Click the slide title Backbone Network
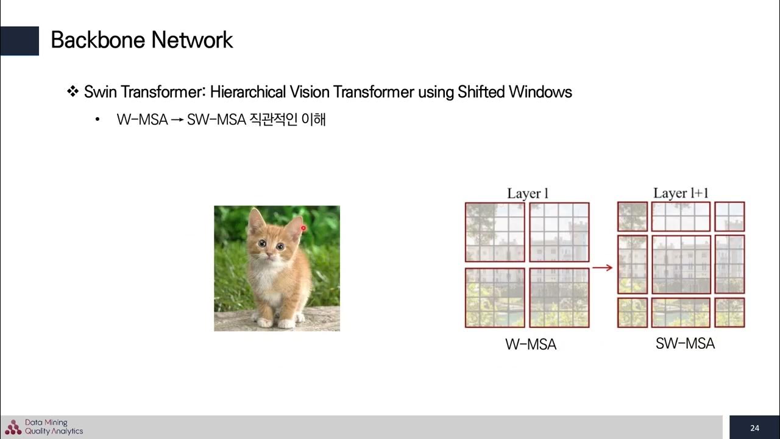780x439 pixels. point(141,40)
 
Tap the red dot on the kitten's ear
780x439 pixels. point(303,228)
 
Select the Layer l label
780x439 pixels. point(528,194)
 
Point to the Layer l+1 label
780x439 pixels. point(681,193)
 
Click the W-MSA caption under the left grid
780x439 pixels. point(531,344)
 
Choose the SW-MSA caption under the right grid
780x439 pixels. point(685,344)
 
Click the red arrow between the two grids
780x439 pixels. point(603,267)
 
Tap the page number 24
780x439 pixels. point(755,427)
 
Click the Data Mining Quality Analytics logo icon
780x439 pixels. point(13,427)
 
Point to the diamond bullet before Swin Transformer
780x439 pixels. point(73,92)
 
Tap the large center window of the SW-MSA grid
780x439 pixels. point(681,265)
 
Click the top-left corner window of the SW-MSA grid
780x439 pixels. point(633,216)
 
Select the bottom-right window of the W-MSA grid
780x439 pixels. point(559,298)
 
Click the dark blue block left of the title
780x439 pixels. point(19,41)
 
